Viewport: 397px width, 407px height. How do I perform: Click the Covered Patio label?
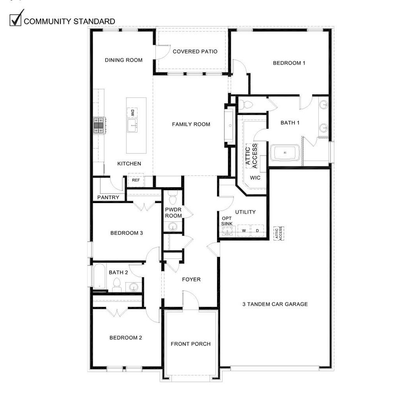tap(195, 51)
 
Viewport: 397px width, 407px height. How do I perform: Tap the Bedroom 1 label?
tap(289, 63)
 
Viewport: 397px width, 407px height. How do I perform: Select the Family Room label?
tap(191, 124)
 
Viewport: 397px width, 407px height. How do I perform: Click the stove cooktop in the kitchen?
tap(99, 126)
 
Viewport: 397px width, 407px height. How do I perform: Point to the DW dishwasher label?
tap(132, 112)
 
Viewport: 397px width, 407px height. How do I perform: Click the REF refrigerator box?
tap(136, 180)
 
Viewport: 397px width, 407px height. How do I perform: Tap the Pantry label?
tap(108, 197)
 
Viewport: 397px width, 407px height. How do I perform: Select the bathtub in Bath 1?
tap(285, 153)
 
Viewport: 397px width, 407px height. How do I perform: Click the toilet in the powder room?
tap(172, 199)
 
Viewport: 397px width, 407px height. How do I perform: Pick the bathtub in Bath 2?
tap(99, 276)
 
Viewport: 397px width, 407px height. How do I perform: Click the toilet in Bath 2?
tap(117, 285)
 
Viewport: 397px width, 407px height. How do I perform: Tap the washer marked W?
tap(244, 231)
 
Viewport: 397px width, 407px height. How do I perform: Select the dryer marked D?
tap(258, 231)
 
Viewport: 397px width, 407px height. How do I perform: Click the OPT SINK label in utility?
tap(227, 221)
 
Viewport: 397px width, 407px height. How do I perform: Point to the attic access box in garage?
tap(279, 233)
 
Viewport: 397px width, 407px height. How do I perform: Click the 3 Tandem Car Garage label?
tap(275, 304)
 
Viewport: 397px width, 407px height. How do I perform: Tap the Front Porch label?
tap(191, 344)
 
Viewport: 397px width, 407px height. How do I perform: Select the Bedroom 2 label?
tap(126, 338)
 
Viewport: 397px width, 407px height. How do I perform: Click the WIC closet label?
tap(255, 178)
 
